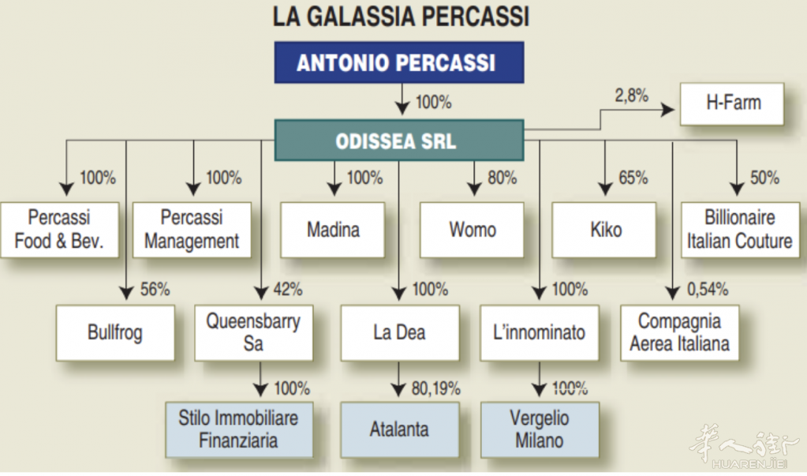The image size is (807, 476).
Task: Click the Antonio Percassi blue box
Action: click(399, 62)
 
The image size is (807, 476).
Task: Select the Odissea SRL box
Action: click(399, 141)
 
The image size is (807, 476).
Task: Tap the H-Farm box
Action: click(732, 104)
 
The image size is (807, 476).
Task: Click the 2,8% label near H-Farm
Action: click(632, 96)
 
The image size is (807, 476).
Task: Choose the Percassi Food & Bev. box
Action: click(60, 230)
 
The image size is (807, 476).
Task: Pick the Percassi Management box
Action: click(192, 230)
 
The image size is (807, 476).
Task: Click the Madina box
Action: click(332, 230)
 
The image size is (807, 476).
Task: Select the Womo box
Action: click(472, 230)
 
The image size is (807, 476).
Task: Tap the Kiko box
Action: click(604, 230)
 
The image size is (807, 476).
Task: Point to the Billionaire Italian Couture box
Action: click(741, 230)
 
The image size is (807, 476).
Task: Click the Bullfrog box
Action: click(115, 333)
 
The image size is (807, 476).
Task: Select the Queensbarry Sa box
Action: click(254, 333)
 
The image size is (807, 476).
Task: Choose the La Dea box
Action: click(400, 333)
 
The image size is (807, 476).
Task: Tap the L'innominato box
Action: click(540, 333)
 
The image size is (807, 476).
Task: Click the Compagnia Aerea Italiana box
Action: click(680, 333)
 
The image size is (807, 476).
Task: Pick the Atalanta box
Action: click(400, 430)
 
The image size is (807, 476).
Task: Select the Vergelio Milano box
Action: click(540, 430)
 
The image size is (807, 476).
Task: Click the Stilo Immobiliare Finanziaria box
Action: click(239, 430)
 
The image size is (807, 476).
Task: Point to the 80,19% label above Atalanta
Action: click(436, 388)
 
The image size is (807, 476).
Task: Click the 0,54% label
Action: click(708, 290)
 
